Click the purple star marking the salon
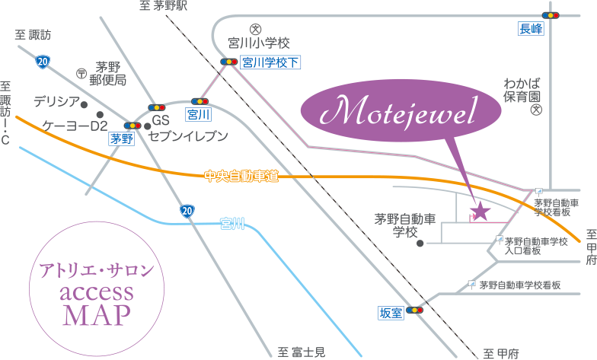click(x=480, y=209)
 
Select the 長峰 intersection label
click(x=531, y=29)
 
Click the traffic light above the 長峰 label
click(x=551, y=14)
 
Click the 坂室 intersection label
click(x=391, y=312)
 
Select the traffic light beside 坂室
click(x=415, y=310)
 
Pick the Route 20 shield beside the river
click(x=187, y=210)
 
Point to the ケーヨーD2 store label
click(x=75, y=126)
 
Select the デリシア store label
click(x=56, y=101)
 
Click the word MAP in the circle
click(x=97, y=314)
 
